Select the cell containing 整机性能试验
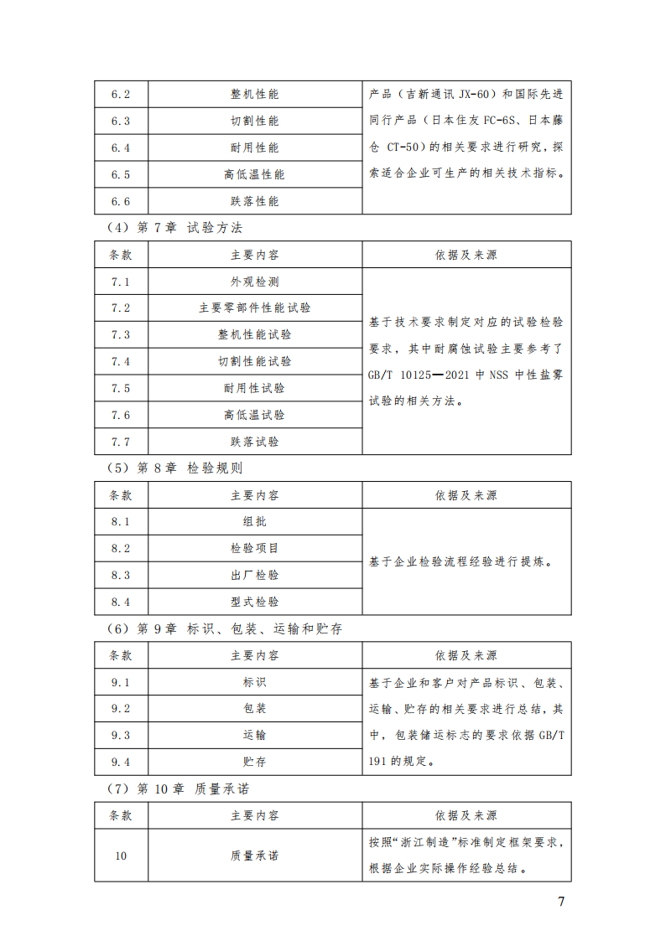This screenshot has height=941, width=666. point(254,334)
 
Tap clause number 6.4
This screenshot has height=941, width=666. point(121,147)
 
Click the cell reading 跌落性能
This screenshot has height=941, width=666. point(254,201)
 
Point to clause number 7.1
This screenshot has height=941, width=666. point(121,281)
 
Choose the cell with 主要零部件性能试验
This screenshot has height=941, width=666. point(254,308)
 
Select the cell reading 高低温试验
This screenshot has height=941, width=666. point(254,415)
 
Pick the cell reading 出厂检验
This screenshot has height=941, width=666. point(254,575)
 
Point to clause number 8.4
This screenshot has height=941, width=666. point(121,602)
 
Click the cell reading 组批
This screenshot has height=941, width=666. point(254,521)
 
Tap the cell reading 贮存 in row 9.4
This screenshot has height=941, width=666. point(254,762)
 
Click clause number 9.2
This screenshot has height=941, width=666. point(121,708)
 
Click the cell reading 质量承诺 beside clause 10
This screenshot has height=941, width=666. point(254,856)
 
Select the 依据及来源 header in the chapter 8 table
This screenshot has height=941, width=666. point(466,494)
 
